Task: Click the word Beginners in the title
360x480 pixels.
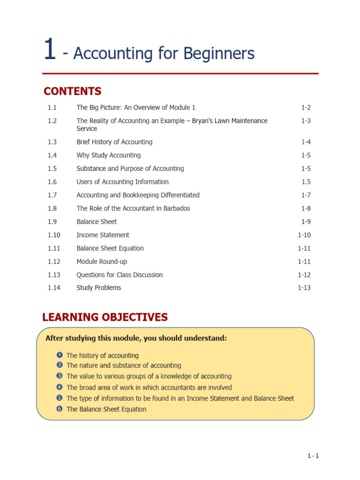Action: [222, 53]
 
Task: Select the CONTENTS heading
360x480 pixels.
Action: [72, 91]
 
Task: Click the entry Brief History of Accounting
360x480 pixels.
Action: [114, 142]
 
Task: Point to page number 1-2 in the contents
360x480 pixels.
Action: [306, 108]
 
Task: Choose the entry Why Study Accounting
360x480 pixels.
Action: [108, 155]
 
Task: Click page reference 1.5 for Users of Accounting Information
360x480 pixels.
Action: [306, 182]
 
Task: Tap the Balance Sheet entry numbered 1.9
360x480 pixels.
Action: [97, 222]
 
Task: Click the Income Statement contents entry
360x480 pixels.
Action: [103, 235]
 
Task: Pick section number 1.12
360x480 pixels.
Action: [53, 262]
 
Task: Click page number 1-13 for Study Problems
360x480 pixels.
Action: [304, 288]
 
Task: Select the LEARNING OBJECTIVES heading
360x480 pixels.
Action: [105, 317]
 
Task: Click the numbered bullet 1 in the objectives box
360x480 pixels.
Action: [60, 355]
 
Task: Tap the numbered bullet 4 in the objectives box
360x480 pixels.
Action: [60, 387]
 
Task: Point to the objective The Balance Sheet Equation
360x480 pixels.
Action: [106, 409]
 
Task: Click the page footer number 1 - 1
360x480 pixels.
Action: [313, 456]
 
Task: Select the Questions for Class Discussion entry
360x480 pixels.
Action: [120, 275]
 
